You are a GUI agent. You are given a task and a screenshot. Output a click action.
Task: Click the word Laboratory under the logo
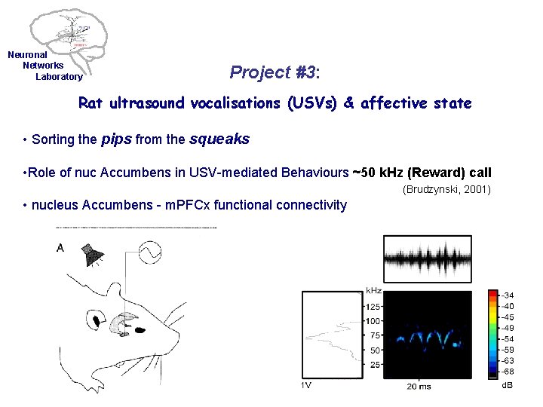(x=59, y=77)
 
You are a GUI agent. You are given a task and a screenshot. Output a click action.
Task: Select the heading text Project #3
(x=275, y=72)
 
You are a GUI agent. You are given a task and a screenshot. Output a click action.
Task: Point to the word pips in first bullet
(x=116, y=139)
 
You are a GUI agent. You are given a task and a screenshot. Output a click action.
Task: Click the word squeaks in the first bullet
(x=219, y=139)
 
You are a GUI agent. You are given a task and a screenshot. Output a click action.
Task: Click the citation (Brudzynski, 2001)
(x=446, y=189)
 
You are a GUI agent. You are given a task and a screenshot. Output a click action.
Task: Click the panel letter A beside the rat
(x=60, y=248)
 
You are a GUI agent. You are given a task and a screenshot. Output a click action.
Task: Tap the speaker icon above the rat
(x=94, y=254)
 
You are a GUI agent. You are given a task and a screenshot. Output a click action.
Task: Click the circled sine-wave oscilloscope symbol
(x=148, y=253)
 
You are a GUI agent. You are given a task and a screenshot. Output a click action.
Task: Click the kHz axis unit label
(x=373, y=290)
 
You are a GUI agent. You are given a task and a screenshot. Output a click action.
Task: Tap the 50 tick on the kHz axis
(x=374, y=350)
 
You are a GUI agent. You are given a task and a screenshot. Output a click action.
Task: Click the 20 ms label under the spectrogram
(x=419, y=386)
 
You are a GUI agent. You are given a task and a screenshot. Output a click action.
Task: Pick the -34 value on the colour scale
(x=509, y=295)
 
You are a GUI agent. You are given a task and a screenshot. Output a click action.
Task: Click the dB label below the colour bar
(x=508, y=386)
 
